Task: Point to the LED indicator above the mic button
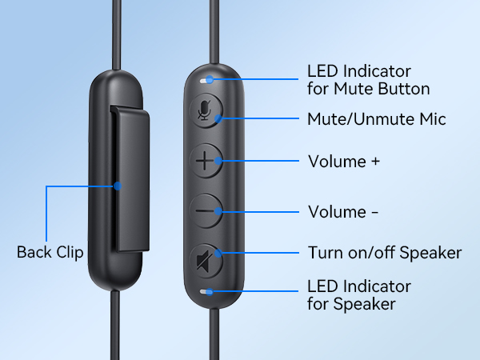click(x=208, y=80)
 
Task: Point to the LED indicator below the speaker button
click(x=208, y=293)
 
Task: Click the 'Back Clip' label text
click(x=50, y=252)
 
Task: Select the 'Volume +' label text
click(x=343, y=162)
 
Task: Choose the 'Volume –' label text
click(x=343, y=212)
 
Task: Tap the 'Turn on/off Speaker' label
click(x=384, y=253)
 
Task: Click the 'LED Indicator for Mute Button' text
click(x=368, y=78)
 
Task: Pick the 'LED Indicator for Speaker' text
click(x=358, y=294)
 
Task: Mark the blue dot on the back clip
click(x=118, y=186)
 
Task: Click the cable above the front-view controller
click(x=215, y=32)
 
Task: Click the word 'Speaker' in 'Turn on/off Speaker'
click(x=434, y=253)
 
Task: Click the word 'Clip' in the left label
click(x=70, y=252)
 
